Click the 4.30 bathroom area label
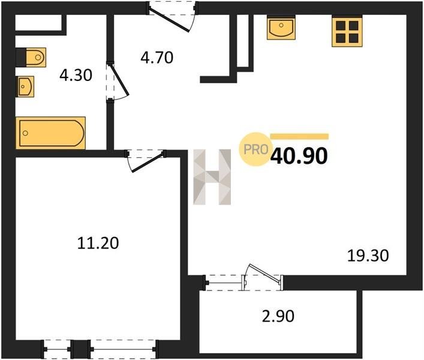pyautogui.click(x=76, y=75)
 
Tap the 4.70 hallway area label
pyautogui.click(x=157, y=58)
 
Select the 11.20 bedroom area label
pyautogui.click(x=98, y=243)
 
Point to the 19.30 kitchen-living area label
pyautogui.click(x=368, y=256)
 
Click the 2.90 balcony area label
pyautogui.click(x=278, y=316)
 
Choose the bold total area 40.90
pyautogui.click(x=299, y=157)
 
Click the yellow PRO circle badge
pyautogui.click(x=255, y=149)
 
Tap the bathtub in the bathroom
pyautogui.click(x=50, y=133)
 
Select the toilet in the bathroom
pyautogui.click(x=31, y=58)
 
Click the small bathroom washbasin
pyautogui.click(x=25, y=86)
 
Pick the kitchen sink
pyautogui.click(x=281, y=28)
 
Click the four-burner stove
pyautogui.click(x=347, y=31)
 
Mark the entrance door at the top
pyautogui.click(x=172, y=16)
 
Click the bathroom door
pyautogui.click(x=117, y=82)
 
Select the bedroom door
pyautogui.click(x=146, y=161)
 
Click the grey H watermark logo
pyautogui.click(x=212, y=177)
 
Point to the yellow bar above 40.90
pyautogui.click(x=299, y=137)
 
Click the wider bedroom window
pyautogui.click(x=123, y=349)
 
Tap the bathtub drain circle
pyautogui.click(x=25, y=133)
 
